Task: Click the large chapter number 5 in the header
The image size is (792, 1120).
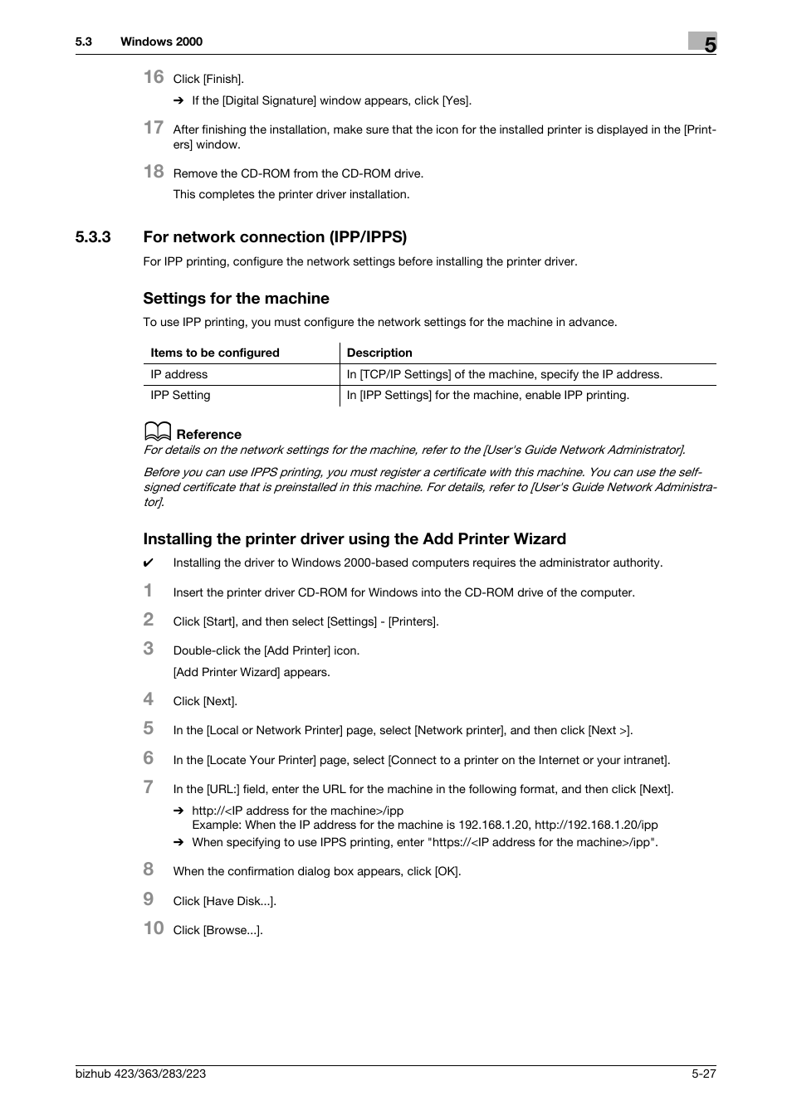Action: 708,44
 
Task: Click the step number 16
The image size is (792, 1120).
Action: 154,77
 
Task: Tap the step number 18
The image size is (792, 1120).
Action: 154,172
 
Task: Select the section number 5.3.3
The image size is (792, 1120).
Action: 93,237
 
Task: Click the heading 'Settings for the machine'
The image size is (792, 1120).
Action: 236,299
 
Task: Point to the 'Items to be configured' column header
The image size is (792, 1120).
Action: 215,353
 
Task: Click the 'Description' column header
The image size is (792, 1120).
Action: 379,353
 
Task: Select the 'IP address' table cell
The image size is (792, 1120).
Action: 179,374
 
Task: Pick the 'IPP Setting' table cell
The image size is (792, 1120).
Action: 180,395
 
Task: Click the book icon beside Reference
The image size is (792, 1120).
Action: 157,432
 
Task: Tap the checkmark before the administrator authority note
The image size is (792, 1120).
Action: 149,563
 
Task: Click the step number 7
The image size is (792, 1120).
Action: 149,787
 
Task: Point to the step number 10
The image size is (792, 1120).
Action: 154,928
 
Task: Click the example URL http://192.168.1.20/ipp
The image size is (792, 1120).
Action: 596,825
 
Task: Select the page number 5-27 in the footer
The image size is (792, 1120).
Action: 699,1074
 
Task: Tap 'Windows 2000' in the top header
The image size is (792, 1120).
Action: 161,41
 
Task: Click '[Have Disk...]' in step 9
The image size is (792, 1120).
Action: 239,901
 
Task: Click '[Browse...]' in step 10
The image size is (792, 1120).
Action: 232,930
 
